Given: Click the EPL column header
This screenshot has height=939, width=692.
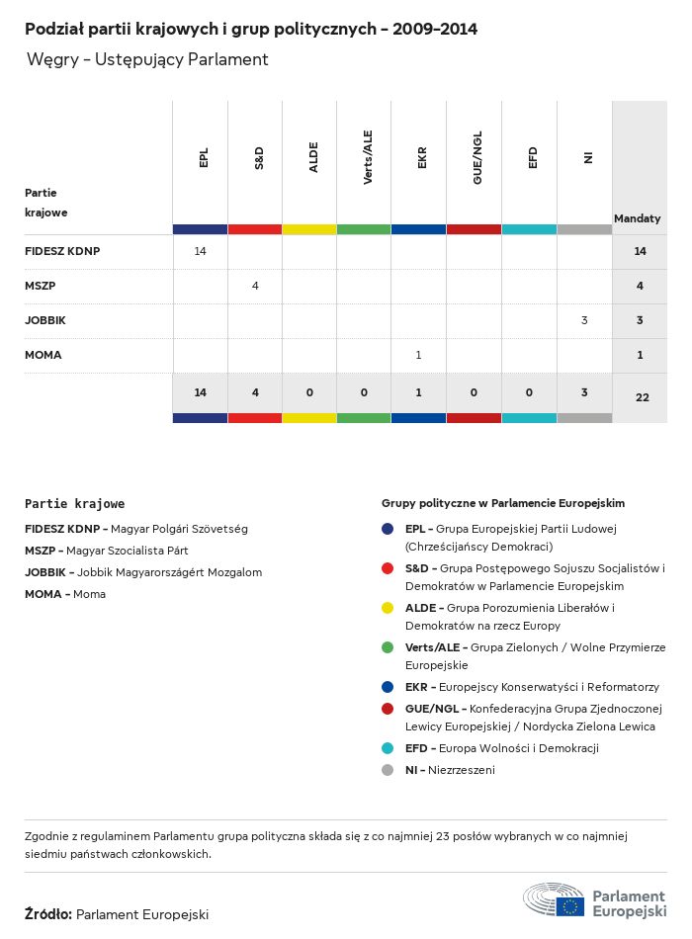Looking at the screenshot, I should [204, 158].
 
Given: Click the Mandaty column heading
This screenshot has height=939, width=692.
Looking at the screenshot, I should [638, 218].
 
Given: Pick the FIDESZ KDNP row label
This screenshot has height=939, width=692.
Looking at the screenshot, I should [62, 251].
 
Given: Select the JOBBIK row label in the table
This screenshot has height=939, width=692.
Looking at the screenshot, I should [45, 320].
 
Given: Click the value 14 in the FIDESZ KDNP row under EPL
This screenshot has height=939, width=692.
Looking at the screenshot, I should [200, 251].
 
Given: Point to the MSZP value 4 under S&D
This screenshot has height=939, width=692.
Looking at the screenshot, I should [255, 286].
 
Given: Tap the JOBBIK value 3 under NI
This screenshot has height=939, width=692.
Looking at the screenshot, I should [584, 320].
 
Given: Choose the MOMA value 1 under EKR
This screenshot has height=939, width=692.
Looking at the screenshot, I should [419, 355].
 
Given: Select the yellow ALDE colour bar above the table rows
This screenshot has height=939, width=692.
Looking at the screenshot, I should [309, 229].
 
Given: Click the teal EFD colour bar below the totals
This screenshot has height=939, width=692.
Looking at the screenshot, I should [529, 418].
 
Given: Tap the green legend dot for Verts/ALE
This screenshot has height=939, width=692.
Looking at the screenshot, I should [388, 647].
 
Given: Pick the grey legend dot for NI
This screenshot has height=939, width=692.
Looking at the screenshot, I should [388, 770].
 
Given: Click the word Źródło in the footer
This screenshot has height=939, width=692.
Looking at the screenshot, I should [47, 915].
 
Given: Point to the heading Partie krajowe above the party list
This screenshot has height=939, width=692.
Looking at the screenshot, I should [74, 504].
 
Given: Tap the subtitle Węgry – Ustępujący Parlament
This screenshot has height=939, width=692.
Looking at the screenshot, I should [147, 59].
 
